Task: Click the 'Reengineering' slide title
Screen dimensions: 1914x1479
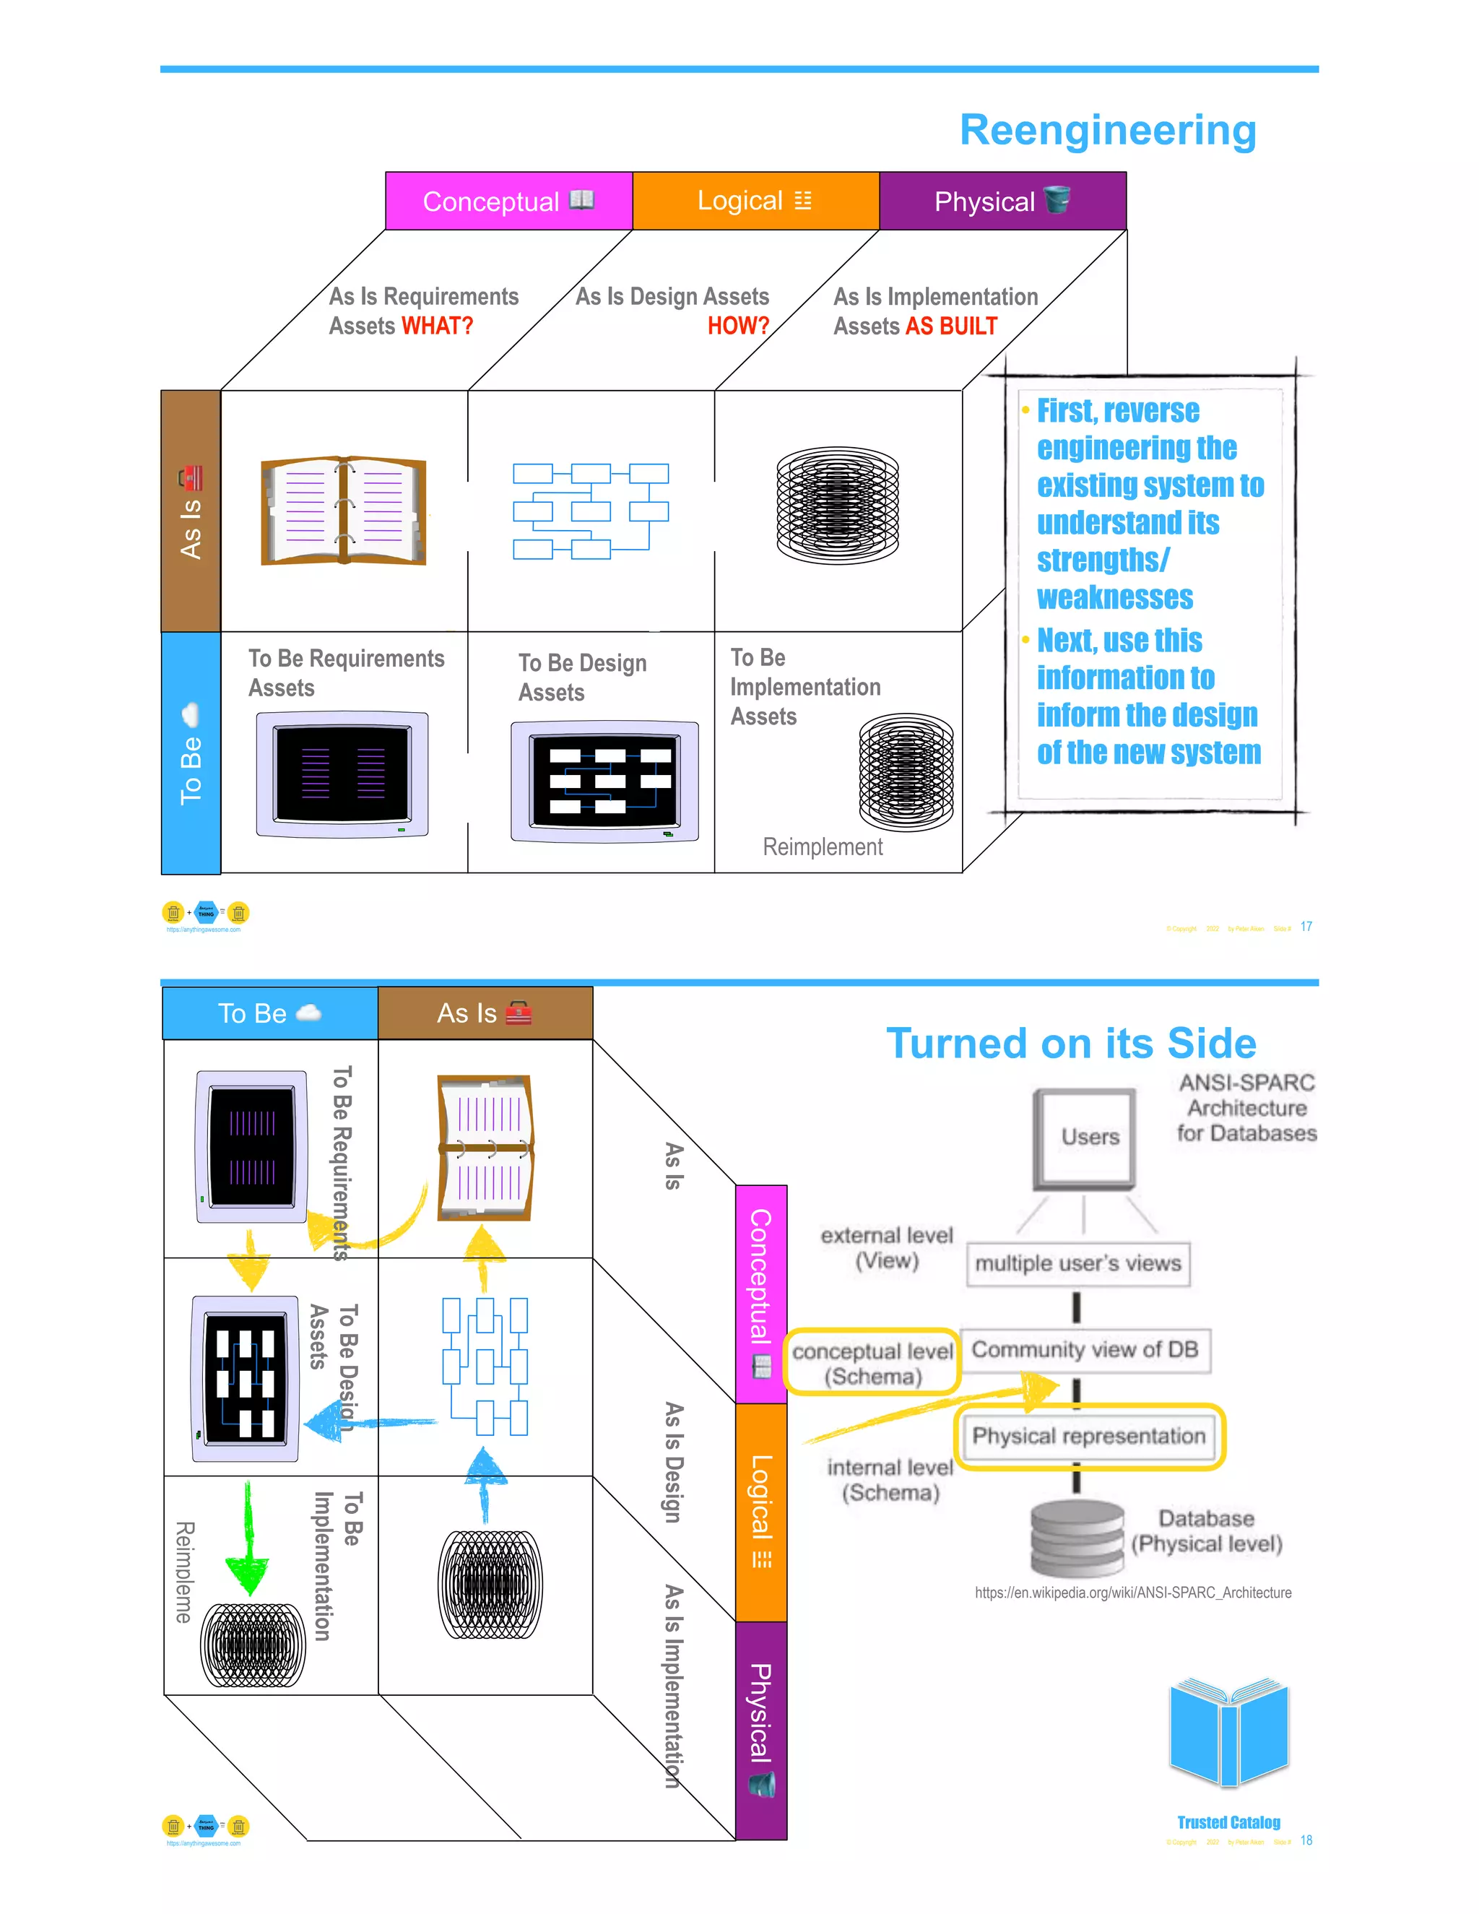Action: click(1108, 131)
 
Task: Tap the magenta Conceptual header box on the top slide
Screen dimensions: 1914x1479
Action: click(508, 202)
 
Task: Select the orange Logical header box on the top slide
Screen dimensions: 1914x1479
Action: click(755, 202)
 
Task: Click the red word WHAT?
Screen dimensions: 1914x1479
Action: click(436, 326)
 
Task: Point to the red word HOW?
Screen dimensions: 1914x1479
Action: click(738, 326)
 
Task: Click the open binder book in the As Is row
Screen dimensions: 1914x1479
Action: click(344, 510)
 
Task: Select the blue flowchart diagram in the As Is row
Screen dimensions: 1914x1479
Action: click(591, 511)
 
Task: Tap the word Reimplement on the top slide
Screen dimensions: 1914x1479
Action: click(822, 846)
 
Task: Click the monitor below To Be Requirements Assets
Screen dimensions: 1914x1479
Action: click(342, 774)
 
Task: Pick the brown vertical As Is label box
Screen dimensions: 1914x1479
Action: click(190, 511)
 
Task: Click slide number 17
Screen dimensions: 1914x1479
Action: click(1306, 927)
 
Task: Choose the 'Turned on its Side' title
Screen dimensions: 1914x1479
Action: click(1071, 1043)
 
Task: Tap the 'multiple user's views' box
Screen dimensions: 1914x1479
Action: click(1077, 1263)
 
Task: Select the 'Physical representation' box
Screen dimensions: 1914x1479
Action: click(1088, 1436)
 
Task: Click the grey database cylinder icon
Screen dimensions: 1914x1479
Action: click(1077, 1538)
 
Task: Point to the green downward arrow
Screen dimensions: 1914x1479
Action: click(248, 1543)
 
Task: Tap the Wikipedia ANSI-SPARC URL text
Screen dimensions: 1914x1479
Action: click(1132, 1593)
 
